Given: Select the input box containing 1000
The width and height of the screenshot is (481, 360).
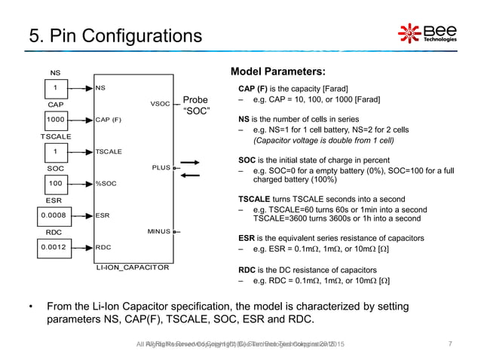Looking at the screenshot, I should tap(55, 119).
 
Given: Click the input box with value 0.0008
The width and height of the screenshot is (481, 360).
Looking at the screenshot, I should tap(55, 214).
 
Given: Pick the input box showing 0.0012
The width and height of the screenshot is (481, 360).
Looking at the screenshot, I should tap(55, 246).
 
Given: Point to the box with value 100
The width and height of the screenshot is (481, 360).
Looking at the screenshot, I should tap(55, 183).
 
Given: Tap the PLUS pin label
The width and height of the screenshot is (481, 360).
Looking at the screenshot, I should tap(161, 168).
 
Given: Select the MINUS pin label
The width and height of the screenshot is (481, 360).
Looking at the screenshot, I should tap(159, 231).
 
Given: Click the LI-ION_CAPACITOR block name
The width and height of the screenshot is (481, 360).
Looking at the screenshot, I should tap(132, 267).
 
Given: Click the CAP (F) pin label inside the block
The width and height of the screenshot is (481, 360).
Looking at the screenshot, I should tap(109, 119).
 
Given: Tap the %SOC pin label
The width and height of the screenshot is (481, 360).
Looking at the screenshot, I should tap(106, 183).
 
